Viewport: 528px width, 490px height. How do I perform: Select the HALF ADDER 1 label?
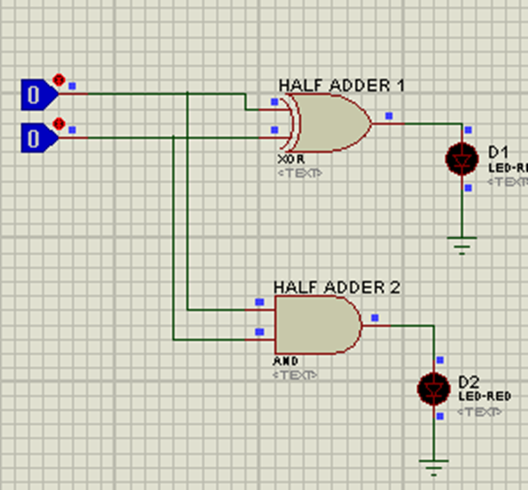[341, 85]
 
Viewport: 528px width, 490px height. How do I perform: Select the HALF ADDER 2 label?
[336, 287]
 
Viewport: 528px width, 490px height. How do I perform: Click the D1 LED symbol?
[461, 159]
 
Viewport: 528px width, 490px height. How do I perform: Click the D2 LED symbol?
[433, 388]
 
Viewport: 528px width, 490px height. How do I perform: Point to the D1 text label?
[498, 151]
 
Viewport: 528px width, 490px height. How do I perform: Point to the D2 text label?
[469, 382]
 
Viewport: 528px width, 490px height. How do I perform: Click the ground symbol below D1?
[461, 244]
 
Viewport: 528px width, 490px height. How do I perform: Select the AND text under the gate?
[286, 361]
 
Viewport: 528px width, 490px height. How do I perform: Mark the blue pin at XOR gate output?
[389, 116]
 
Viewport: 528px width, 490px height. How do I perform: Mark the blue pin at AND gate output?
[375, 318]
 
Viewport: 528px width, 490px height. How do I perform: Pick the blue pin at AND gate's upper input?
[259, 302]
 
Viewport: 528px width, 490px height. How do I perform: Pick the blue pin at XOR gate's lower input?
[274, 130]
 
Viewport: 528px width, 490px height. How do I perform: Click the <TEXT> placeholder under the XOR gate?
[299, 173]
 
